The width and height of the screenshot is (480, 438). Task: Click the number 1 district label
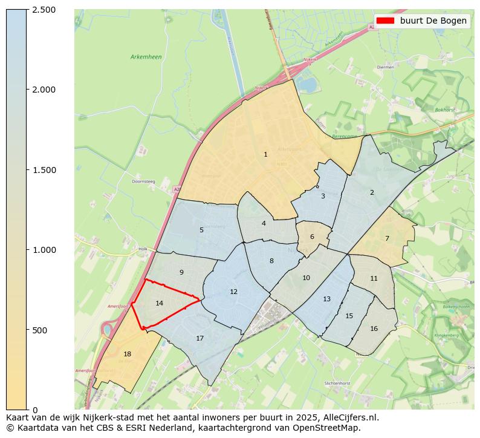coord(265,155)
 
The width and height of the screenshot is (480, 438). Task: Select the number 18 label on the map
coord(127,354)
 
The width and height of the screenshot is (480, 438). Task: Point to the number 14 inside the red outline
coord(159,303)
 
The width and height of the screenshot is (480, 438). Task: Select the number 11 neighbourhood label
coord(374,278)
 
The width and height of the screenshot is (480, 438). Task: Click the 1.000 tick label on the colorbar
coord(44,250)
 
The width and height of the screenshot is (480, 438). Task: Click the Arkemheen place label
coord(146,57)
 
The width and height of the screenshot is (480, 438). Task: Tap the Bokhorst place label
coord(444,110)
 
